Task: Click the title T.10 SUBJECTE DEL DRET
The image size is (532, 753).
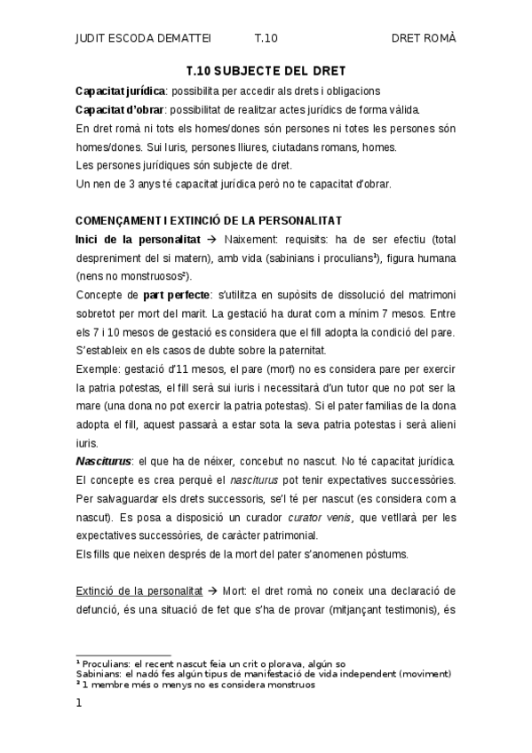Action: coord(266,70)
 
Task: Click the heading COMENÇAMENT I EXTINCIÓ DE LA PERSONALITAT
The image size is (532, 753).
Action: coord(209,220)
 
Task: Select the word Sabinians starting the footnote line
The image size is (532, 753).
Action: coord(99,675)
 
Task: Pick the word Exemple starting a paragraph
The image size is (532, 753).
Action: coord(98,368)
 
